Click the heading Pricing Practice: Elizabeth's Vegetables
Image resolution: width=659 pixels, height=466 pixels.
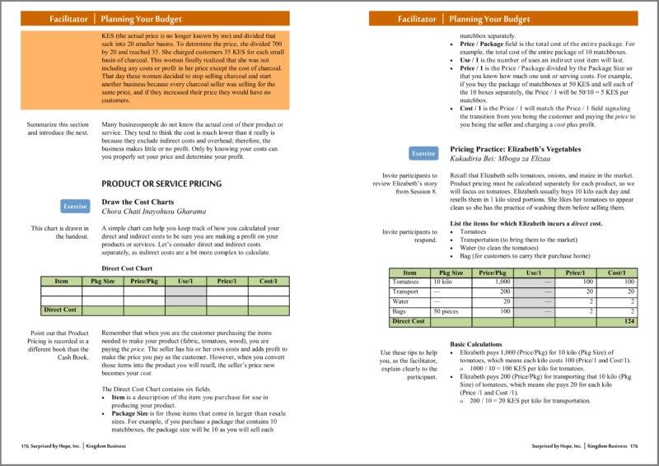point(516,149)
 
